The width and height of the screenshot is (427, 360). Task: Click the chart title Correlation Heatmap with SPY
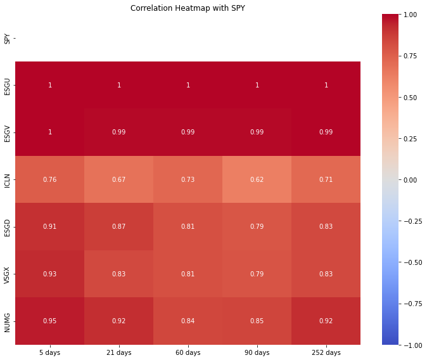click(188, 8)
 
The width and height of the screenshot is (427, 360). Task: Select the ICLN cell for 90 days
click(257, 179)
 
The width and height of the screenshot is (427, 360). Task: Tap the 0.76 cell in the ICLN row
click(49, 179)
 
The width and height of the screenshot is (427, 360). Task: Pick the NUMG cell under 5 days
click(49, 321)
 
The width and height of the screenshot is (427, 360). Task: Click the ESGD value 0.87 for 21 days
click(118, 226)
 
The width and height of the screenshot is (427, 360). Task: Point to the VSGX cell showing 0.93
click(49, 274)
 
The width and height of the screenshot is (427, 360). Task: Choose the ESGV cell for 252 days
click(326, 132)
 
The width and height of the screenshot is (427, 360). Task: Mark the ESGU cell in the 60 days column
click(188, 85)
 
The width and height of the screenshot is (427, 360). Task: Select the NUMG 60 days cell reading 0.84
click(188, 321)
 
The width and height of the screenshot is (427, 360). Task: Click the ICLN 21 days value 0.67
click(118, 179)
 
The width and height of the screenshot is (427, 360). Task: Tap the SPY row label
click(7, 39)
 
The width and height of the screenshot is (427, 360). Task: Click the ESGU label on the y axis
click(7, 87)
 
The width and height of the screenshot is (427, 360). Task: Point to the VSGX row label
click(7, 275)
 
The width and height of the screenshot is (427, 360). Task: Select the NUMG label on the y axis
click(7, 323)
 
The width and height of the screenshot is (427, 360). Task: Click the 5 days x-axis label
click(49, 352)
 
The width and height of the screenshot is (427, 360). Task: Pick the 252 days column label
click(326, 352)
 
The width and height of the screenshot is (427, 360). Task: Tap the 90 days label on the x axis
click(257, 352)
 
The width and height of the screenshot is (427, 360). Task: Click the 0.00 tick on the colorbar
click(410, 180)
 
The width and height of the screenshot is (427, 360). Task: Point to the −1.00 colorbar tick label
click(413, 345)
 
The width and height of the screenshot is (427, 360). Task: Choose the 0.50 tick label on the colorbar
click(410, 98)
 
